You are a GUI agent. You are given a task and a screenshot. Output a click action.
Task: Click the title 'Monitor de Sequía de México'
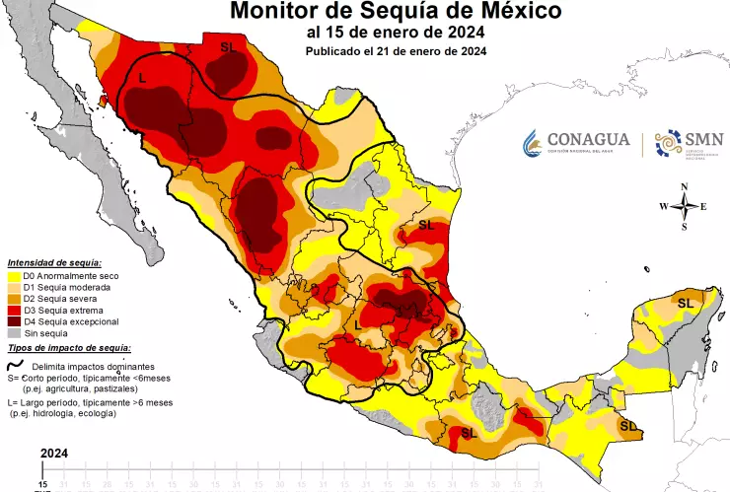pyautogui.click(x=397, y=12)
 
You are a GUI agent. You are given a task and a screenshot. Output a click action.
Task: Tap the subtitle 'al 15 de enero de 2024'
pyautogui.click(x=396, y=33)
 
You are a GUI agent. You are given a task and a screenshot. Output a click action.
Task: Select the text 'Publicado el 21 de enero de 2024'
pyautogui.click(x=396, y=51)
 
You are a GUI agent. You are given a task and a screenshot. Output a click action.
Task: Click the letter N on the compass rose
pyautogui.click(x=683, y=186)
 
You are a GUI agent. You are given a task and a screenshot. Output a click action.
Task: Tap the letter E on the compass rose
pyautogui.click(x=703, y=206)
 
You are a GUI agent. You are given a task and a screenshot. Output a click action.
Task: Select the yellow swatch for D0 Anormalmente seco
pyautogui.click(x=14, y=276)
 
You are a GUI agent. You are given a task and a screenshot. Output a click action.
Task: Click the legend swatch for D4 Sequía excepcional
pyautogui.click(x=14, y=322)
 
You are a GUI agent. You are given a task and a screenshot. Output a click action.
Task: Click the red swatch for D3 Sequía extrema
pyautogui.click(x=14, y=311)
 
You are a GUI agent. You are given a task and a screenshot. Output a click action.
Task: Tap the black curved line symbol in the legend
pyautogui.click(x=14, y=364)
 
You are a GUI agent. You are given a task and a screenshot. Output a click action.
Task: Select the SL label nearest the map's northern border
pyautogui.click(x=229, y=46)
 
